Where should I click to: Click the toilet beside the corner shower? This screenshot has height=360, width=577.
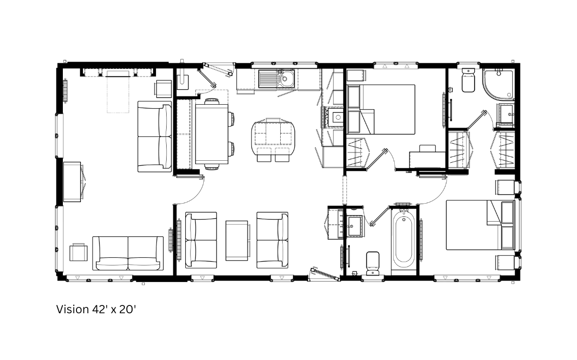(468, 80)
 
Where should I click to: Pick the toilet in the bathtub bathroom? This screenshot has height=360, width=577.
(373, 263)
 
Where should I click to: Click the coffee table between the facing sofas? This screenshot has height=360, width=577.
(237, 240)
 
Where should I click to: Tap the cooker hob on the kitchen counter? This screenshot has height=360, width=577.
(335, 117)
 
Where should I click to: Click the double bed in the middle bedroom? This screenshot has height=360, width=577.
(381, 109)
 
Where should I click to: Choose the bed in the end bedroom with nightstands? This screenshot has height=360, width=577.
(481, 225)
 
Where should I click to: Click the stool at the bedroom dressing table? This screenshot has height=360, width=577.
(427, 149)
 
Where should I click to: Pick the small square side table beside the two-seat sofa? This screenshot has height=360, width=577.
(78, 252)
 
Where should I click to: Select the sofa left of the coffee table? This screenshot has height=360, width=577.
(201, 240)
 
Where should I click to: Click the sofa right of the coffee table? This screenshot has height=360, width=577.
(272, 240)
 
